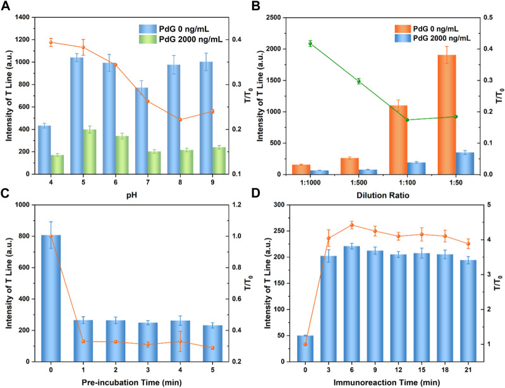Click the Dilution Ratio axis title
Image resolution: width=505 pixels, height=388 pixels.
386,196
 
